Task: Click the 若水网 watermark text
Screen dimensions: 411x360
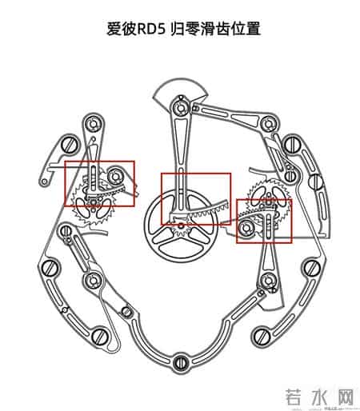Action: point(314,395)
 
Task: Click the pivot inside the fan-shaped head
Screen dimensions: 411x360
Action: point(182,102)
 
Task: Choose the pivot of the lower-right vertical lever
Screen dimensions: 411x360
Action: point(266,281)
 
